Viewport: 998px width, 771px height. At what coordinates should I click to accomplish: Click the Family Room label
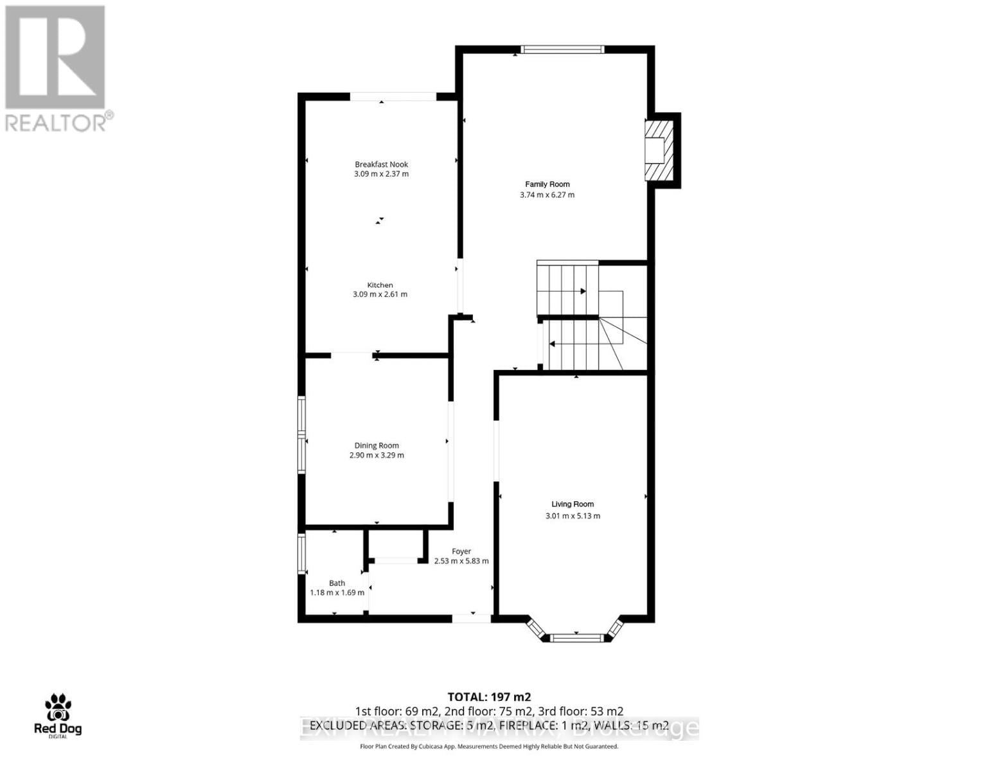tap(548, 184)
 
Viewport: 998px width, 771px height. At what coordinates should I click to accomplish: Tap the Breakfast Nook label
tap(381, 164)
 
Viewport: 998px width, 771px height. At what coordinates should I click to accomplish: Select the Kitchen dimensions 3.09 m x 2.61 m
tap(380, 294)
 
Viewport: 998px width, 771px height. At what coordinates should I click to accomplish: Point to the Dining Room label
tap(377, 445)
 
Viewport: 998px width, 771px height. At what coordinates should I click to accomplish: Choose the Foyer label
tap(461, 551)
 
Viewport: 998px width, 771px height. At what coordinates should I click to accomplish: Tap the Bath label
tap(337, 583)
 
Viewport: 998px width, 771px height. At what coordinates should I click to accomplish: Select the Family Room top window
tap(562, 49)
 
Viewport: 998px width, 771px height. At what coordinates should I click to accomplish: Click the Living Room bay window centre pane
tap(576, 638)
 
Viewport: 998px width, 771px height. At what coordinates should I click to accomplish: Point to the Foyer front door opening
tap(472, 618)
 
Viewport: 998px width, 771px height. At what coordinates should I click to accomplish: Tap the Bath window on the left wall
tap(301, 552)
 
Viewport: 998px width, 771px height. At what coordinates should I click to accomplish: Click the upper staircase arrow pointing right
tap(582, 291)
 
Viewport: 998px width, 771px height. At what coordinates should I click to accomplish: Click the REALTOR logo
tap(57, 68)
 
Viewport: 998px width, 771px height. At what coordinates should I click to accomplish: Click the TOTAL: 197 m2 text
tap(489, 696)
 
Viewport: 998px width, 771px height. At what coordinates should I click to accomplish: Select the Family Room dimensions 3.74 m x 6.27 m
tap(547, 195)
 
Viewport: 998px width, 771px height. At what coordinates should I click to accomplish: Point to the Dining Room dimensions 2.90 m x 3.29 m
tap(377, 456)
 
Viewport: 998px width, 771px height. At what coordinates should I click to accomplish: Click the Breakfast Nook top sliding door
tap(393, 97)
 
